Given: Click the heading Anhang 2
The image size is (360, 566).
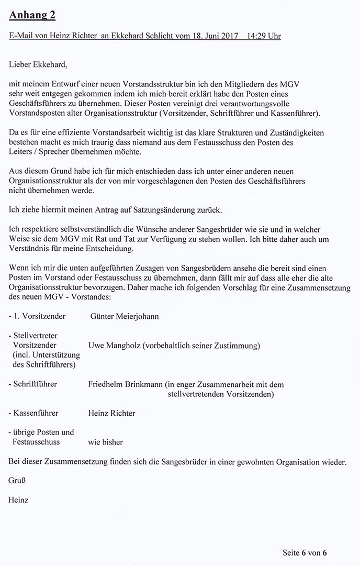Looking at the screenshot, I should (x=32, y=16).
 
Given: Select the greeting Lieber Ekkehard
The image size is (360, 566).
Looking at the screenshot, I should (x=38, y=65).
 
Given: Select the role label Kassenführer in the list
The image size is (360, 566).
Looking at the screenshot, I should (x=36, y=413).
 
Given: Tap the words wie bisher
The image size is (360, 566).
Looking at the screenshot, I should (x=106, y=442).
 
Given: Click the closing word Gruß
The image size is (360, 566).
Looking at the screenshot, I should (x=17, y=480).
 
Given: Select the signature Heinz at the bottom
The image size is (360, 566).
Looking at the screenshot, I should (x=18, y=500).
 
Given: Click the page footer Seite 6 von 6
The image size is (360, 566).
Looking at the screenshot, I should (x=305, y=552).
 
